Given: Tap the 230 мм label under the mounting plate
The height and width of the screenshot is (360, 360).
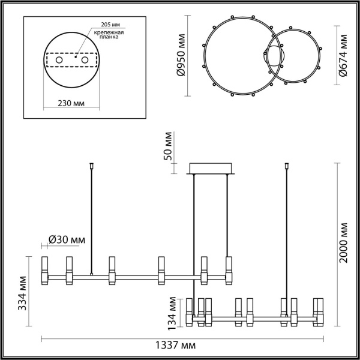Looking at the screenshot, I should click(71, 103).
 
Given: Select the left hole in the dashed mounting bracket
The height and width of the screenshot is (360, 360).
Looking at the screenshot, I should click(58, 61).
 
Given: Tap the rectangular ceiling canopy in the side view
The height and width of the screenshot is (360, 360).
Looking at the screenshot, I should click(211, 168).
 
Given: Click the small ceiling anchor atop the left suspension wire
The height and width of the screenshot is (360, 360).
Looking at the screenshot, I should click(91, 164).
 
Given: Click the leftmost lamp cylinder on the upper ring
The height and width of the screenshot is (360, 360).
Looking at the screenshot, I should click(44, 270).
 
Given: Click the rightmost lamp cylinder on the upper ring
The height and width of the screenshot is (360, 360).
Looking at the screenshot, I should click(228, 270).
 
